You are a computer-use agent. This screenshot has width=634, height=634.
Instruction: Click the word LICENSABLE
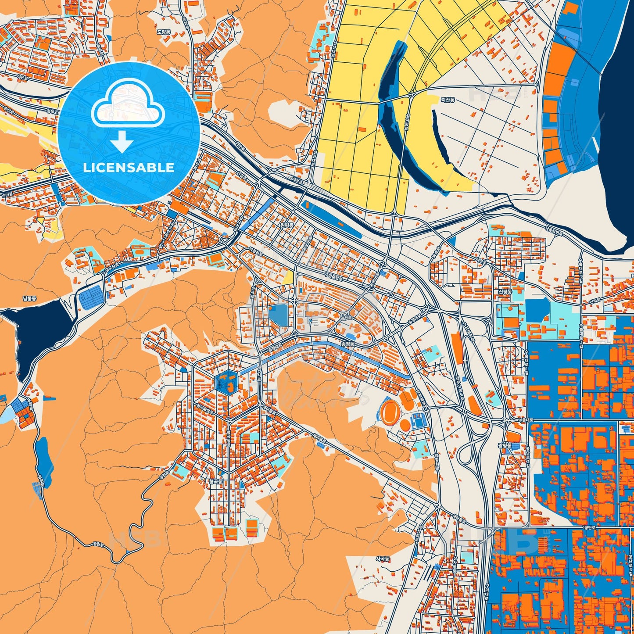pos(129,168)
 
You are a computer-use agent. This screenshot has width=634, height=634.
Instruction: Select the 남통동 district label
pos(30,298)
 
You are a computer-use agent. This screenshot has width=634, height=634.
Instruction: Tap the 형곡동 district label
pos(216,481)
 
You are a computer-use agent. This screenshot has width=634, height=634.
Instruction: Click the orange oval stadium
pos(390,412)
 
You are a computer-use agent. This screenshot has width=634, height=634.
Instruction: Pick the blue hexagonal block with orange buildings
pos(226,381)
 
